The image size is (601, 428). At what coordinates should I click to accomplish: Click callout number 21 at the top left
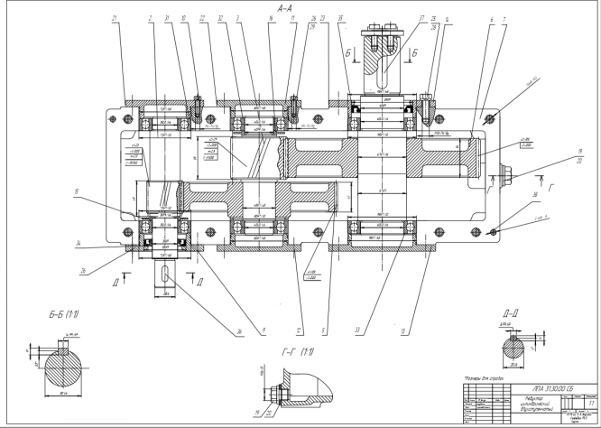(x=115, y=18)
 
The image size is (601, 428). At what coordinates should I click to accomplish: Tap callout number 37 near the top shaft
(x=397, y=18)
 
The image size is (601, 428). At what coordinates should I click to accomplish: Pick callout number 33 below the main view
(x=357, y=330)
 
